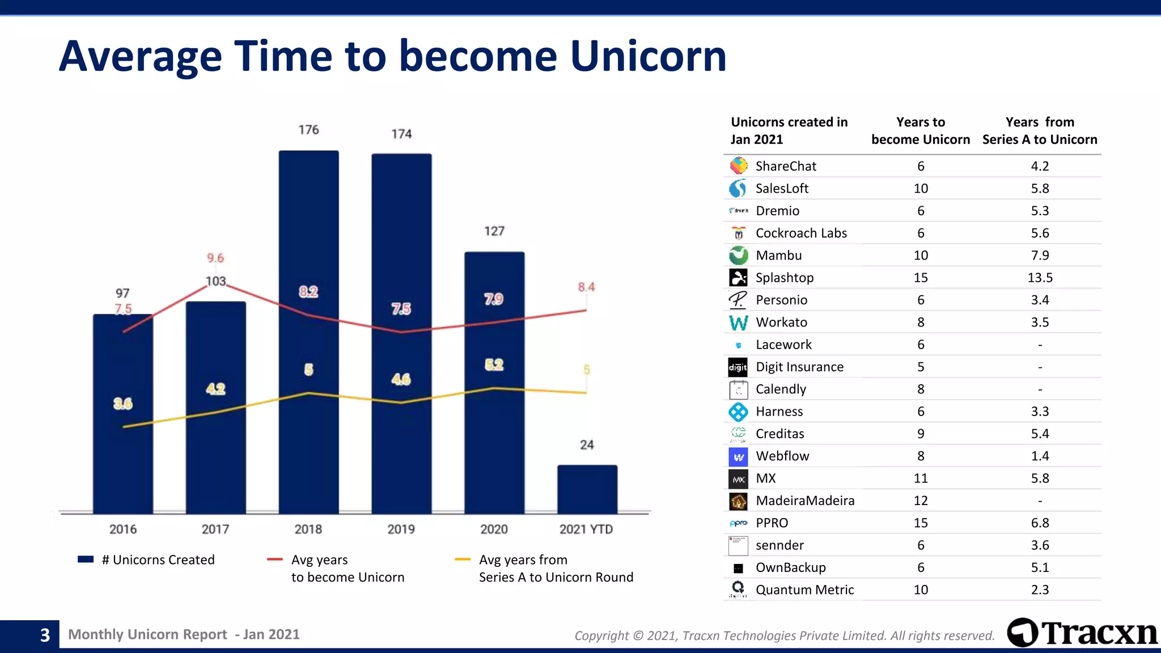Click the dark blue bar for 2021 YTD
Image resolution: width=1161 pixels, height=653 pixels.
click(587, 489)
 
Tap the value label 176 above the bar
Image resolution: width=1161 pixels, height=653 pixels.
click(308, 130)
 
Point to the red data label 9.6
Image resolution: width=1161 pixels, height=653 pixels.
click(215, 258)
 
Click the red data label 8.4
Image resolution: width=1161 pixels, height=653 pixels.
click(586, 287)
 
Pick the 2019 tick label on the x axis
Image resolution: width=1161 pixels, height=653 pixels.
click(401, 529)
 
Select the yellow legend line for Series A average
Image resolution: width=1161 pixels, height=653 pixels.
click(463, 560)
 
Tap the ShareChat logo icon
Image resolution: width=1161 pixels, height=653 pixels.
click(738, 166)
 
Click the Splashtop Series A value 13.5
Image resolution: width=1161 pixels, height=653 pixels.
click(1040, 278)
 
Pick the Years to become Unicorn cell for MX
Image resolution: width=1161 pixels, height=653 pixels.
click(921, 478)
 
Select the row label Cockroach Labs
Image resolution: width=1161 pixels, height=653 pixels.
click(801, 233)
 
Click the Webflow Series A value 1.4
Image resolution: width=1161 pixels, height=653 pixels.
click(1040, 456)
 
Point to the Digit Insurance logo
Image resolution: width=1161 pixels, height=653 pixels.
click(738, 367)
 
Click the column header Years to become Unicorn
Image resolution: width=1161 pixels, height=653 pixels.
click(921, 131)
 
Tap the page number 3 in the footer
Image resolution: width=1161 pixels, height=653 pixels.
click(45, 635)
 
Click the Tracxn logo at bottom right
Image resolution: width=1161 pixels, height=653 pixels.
click(1082, 633)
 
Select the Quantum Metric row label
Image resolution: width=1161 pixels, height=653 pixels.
click(804, 590)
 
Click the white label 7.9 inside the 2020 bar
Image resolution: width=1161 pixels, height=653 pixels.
click(494, 299)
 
